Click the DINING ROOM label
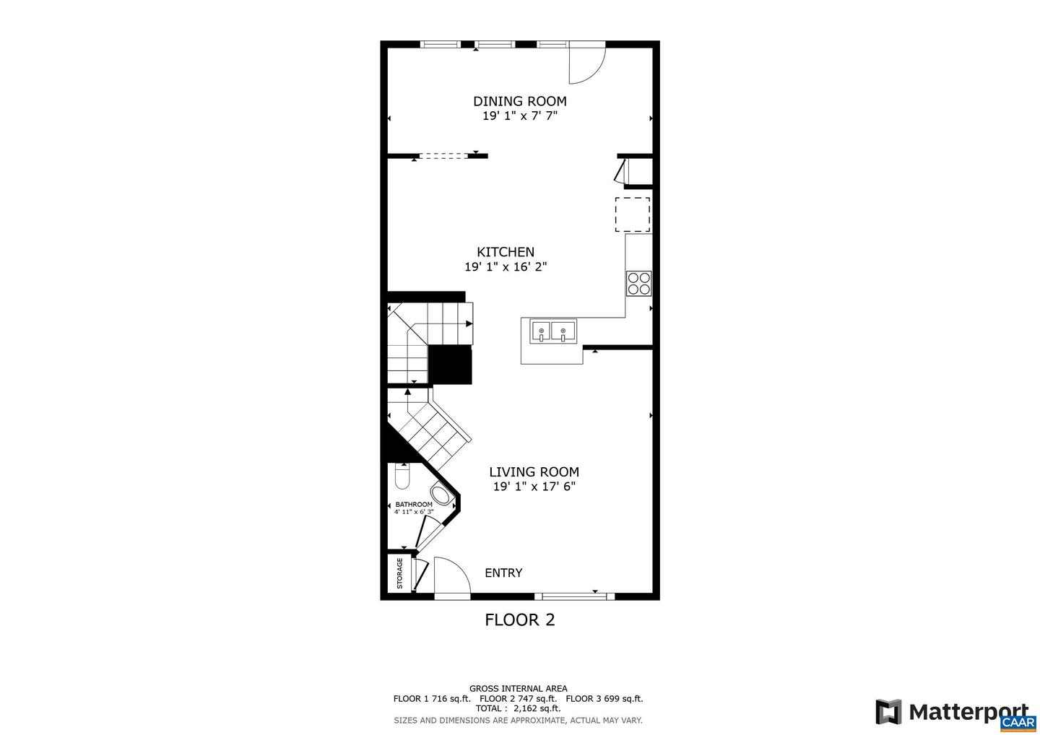(519, 101)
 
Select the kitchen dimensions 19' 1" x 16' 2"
(506, 267)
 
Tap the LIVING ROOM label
(534, 472)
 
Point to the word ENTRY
(503, 573)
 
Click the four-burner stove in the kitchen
(638, 283)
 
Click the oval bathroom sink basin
(441, 495)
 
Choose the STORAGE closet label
(399, 573)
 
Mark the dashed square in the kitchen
(633, 214)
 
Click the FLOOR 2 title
(519, 620)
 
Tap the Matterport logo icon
(888, 712)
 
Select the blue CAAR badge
(1018, 722)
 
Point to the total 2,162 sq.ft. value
(537, 709)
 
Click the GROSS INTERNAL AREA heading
(518, 689)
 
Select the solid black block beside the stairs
(450, 365)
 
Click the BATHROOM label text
(414, 505)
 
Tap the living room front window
(574, 596)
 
